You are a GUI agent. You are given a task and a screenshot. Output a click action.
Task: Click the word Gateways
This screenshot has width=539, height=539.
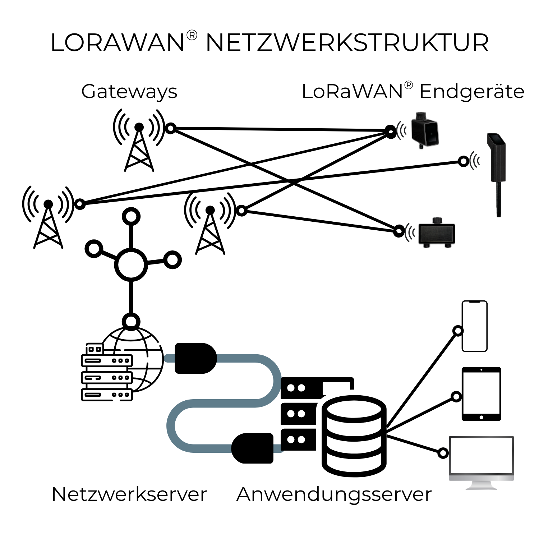129,92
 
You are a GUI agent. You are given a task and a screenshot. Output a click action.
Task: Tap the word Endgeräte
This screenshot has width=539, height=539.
472,92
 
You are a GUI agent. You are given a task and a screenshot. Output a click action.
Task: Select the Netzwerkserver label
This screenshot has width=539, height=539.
129,494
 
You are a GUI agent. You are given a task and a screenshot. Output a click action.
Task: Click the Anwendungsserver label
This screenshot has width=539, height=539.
334,494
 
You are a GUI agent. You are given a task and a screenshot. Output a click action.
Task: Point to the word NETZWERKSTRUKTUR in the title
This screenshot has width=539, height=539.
347,43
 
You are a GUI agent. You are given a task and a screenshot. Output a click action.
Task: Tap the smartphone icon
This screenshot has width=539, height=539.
474,326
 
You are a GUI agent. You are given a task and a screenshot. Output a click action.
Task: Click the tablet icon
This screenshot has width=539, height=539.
481,394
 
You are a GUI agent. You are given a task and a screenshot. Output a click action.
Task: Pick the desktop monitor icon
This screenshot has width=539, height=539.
482,460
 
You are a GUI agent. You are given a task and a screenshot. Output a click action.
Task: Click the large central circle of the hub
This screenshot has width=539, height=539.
131,264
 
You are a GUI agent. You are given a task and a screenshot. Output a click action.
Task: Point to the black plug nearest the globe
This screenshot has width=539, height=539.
195,358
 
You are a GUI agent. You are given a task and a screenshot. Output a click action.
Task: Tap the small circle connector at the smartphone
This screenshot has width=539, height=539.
458,331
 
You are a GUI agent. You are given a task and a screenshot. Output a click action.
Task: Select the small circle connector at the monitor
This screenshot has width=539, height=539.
443,453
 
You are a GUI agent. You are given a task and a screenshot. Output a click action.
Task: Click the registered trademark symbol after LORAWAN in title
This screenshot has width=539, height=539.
192,35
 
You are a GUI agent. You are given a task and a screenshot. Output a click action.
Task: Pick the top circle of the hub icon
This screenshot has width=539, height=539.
131,217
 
